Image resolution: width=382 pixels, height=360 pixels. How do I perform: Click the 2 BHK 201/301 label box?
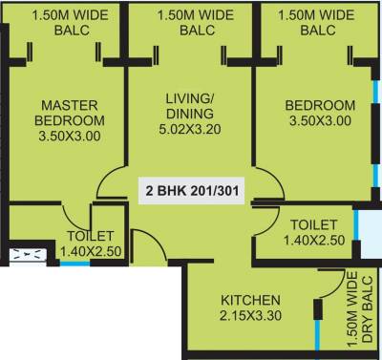[x=191, y=189]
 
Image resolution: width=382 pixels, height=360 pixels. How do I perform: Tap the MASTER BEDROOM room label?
[x=69, y=113]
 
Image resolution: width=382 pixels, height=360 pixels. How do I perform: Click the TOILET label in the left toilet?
[x=91, y=236]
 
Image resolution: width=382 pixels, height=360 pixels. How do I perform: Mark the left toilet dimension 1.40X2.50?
[x=91, y=252]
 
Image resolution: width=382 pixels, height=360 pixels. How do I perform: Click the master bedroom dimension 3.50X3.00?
[x=69, y=136]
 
